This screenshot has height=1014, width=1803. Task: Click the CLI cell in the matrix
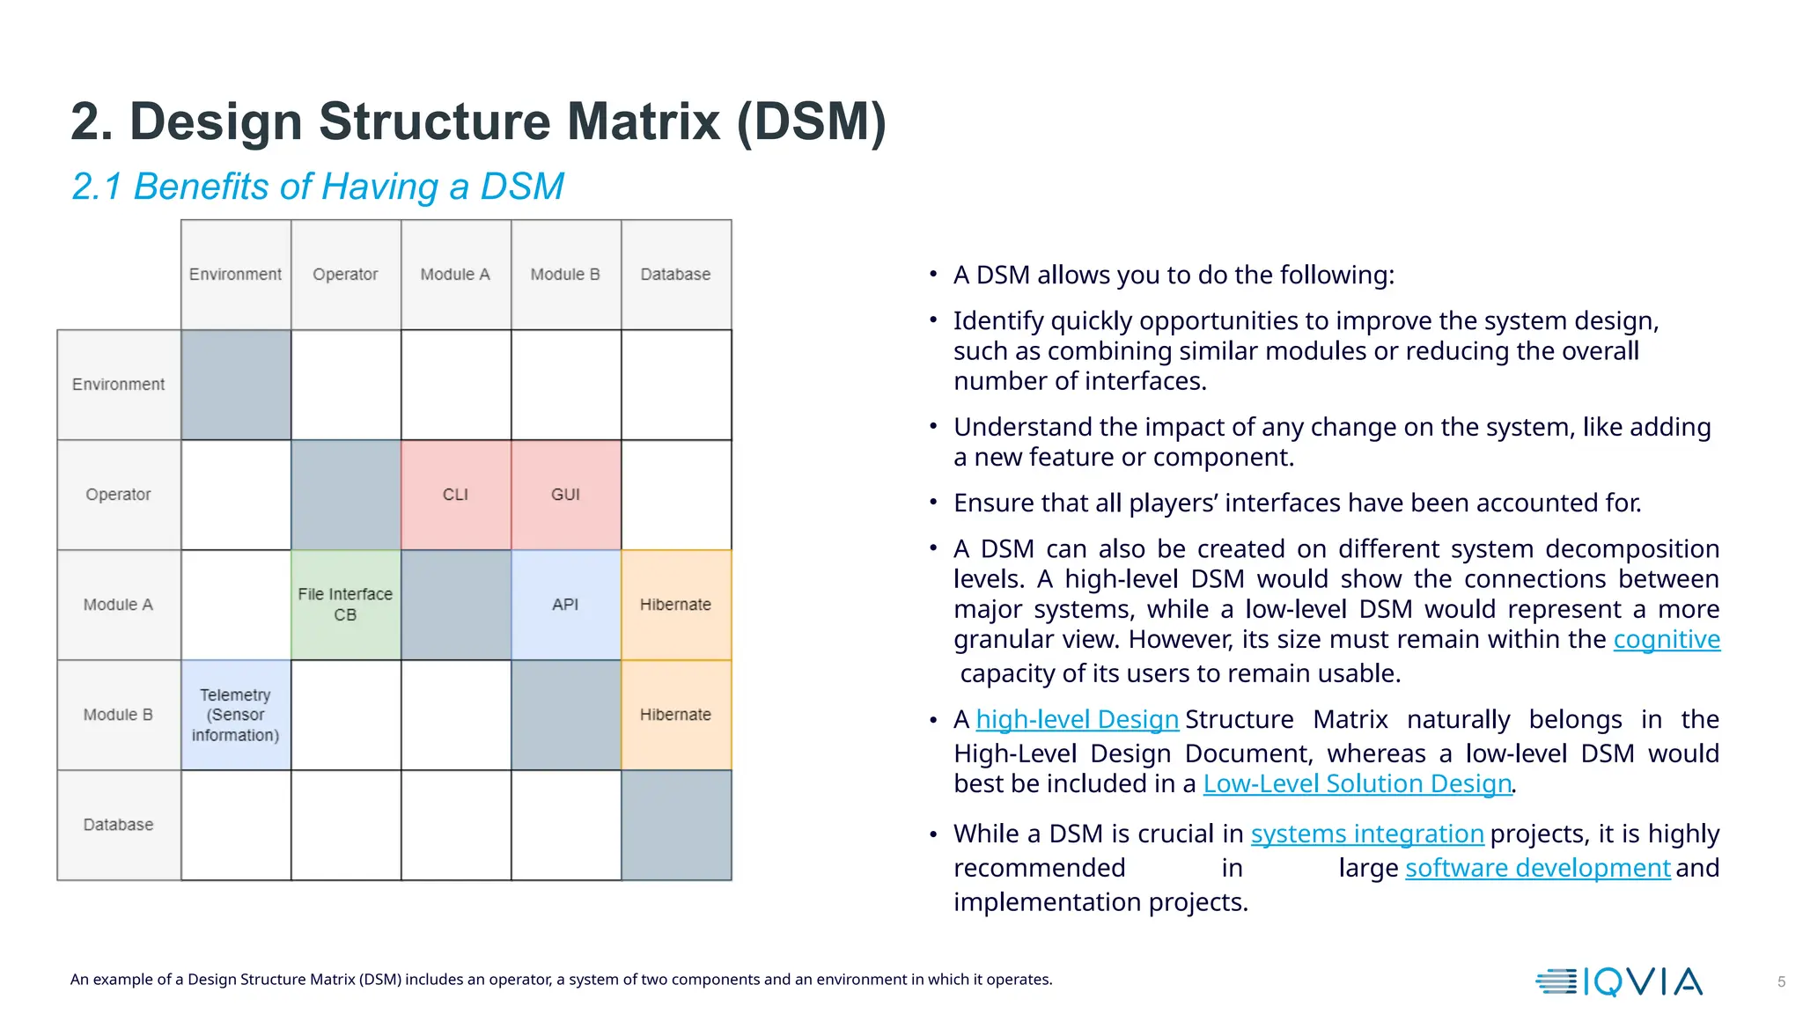pos(455,495)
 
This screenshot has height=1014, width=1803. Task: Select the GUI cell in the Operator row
pos(565,495)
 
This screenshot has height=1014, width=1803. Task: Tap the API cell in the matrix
pos(565,605)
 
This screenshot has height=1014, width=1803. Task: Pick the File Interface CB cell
pos(345,605)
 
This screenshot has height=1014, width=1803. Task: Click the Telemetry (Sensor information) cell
pos(235,715)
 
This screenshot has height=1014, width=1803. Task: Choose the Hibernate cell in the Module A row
pos(675,605)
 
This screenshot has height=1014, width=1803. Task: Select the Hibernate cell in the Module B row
pos(675,715)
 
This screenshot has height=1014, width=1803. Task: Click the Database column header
pos(675,275)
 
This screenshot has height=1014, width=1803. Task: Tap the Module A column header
pos(455,275)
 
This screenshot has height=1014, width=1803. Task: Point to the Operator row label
pos(119,495)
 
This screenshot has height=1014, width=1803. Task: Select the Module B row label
pos(119,715)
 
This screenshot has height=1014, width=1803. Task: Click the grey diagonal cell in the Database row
pos(675,825)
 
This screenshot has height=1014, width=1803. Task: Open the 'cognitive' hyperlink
pos(1666,639)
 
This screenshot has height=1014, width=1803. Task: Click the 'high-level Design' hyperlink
pos(1077,719)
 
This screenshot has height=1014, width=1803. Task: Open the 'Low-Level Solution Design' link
pos(1357,783)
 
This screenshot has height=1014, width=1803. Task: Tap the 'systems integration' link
pos(1366,834)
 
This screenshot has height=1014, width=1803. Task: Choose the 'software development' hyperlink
pos(1537,868)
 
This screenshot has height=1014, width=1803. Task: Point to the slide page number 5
pos(1781,981)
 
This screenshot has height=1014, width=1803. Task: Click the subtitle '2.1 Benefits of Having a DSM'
pos(318,187)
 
